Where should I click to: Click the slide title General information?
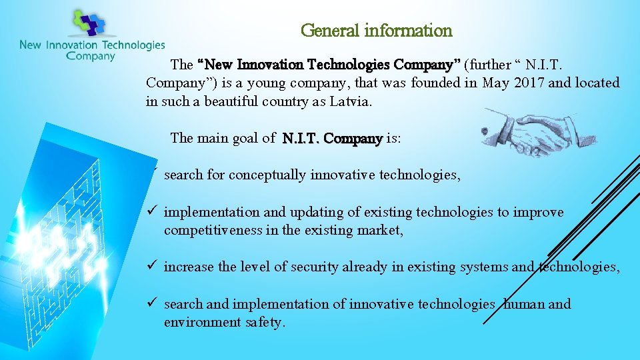pyautogui.click(x=377, y=31)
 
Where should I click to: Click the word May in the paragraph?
pyautogui.click(x=497, y=83)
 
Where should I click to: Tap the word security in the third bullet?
pyautogui.click(x=313, y=267)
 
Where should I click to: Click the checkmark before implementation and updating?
pyautogui.click(x=152, y=212)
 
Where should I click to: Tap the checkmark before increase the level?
pyautogui.click(x=152, y=267)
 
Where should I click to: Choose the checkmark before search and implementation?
pyautogui.click(x=152, y=304)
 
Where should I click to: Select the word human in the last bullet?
pyautogui.click(x=525, y=305)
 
